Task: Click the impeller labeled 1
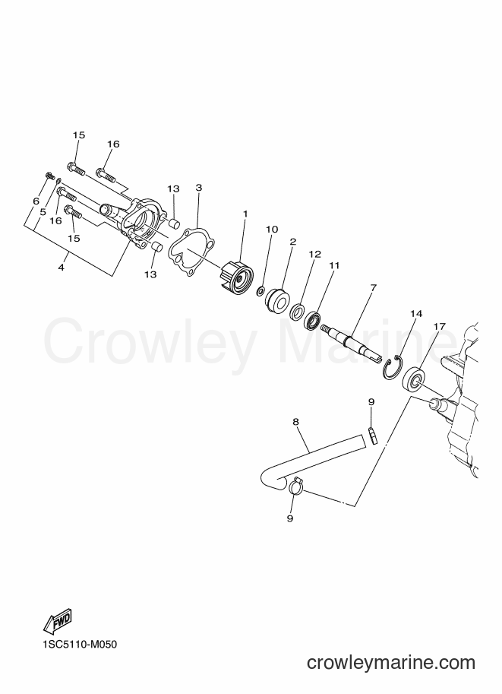(236, 275)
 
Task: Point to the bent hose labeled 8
(310, 458)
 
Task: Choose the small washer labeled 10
(261, 291)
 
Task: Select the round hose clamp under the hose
(295, 486)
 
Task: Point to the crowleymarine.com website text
(391, 662)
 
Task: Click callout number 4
(61, 268)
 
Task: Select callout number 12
(315, 255)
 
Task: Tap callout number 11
(334, 265)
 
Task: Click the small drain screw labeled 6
(47, 176)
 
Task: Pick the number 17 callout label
(439, 326)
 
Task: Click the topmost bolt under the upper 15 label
(76, 169)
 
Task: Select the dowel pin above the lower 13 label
(157, 246)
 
